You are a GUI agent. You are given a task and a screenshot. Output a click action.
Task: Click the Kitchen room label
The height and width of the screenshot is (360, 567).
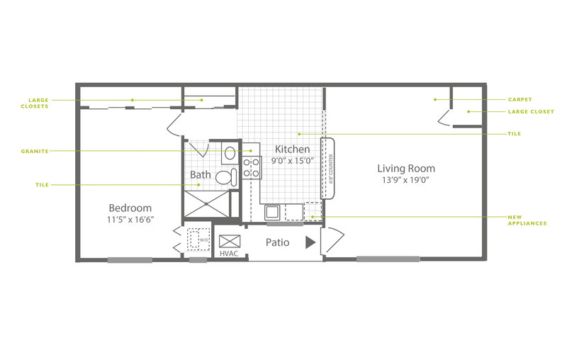(x=292, y=149)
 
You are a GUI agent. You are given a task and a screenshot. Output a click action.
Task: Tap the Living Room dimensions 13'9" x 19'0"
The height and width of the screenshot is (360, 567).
(x=405, y=179)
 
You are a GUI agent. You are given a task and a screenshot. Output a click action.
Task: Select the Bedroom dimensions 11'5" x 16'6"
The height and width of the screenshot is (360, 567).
(x=130, y=219)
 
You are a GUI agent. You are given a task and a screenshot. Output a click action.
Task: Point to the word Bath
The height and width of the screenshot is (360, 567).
(x=201, y=174)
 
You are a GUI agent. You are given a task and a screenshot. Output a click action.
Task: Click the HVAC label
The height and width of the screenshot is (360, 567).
(x=229, y=254)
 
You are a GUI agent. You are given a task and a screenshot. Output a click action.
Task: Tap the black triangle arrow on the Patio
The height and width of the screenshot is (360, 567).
(x=310, y=242)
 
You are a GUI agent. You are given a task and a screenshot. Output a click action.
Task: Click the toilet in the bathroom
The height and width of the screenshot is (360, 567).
(x=226, y=177)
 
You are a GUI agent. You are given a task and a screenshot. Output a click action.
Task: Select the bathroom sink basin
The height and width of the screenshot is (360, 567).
(x=230, y=153)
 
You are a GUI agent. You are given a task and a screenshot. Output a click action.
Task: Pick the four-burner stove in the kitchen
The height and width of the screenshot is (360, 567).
(x=252, y=168)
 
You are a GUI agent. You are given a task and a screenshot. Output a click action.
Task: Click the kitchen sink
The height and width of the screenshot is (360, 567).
(x=272, y=212)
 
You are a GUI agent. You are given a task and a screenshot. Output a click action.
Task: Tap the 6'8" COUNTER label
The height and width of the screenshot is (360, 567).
(x=330, y=169)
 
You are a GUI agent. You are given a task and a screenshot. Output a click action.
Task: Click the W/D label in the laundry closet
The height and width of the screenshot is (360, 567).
(x=204, y=240)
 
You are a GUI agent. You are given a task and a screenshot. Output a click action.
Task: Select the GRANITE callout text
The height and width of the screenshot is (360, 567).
(x=35, y=151)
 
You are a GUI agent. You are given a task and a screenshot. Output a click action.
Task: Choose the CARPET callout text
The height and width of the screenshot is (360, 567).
(x=520, y=99)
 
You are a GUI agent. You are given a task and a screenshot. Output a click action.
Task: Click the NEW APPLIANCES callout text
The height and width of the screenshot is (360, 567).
(x=527, y=220)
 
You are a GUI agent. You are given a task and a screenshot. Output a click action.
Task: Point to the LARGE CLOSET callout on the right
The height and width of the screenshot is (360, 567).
(x=531, y=112)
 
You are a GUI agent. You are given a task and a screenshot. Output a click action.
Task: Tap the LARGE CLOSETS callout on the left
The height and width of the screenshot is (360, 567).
(x=35, y=103)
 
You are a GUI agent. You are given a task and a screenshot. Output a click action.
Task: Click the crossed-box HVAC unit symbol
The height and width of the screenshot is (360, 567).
(x=230, y=242)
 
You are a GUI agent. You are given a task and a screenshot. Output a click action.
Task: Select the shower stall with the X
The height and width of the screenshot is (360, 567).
(x=206, y=204)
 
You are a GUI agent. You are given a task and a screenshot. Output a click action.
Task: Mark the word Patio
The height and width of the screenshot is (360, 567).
(x=277, y=242)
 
